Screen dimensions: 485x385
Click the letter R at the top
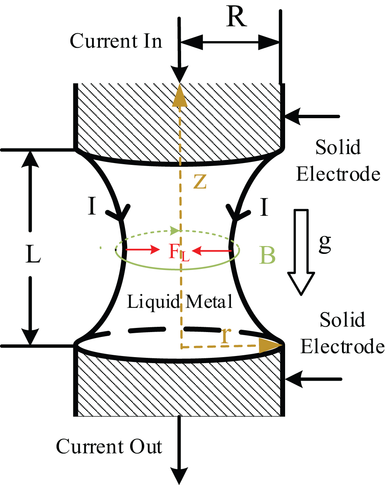tap(236, 17)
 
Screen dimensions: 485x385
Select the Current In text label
tap(116, 41)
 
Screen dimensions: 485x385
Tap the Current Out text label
tap(109, 446)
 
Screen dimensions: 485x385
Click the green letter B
tap(267, 255)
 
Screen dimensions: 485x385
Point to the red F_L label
tap(179, 252)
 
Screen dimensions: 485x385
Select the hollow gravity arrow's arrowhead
tap(301, 283)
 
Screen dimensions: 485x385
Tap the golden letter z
tap(200, 182)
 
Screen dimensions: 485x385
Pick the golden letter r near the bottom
tap(225, 335)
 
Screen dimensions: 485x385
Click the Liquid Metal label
tap(180, 302)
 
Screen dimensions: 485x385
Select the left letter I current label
tap(92, 206)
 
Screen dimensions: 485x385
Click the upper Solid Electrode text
tap(338, 160)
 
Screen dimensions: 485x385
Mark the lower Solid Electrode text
tap(342, 333)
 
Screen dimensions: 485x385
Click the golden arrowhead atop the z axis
tap(180, 95)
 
